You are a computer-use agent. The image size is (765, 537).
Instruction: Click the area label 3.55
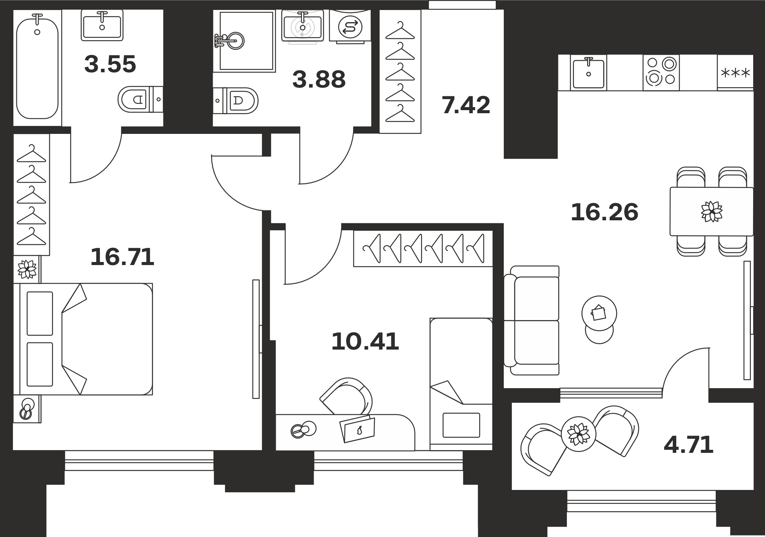[110, 64]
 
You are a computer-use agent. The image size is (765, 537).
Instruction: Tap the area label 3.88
[319, 80]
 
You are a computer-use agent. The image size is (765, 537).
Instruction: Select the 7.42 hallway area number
[466, 105]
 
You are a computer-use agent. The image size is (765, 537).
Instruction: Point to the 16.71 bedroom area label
[122, 257]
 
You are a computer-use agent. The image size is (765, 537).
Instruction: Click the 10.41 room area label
[365, 342]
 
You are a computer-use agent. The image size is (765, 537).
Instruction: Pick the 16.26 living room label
[604, 212]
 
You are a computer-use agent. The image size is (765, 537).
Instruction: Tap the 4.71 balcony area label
[688, 445]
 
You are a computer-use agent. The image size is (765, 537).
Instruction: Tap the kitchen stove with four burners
[661, 73]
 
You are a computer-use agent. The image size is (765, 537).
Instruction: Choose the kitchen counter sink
[588, 73]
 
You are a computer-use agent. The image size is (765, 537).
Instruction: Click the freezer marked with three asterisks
[735, 73]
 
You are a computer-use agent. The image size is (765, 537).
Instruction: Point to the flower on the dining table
[711, 212]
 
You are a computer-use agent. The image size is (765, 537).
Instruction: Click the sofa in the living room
[532, 321]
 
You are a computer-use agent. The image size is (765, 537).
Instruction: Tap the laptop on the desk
[357, 429]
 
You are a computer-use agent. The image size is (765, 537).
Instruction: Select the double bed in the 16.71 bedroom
[86, 339]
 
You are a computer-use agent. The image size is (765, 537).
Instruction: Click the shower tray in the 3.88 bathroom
[244, 41]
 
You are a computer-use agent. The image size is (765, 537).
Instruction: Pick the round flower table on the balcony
[578, 434]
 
